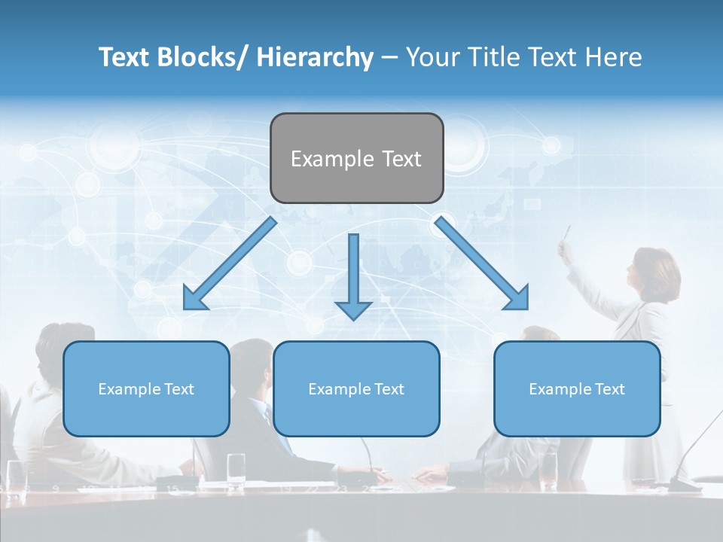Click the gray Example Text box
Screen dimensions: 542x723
pyautogui.click(x=356, y=158)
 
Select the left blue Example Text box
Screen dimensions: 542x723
pyautogui.click(x=146, y=388)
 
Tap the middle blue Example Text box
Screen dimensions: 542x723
pyautogui.click(x=356, y=388)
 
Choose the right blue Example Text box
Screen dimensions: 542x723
pyautogui.click(x=577, y=388)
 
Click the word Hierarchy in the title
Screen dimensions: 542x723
pyautogui.click(x=315, y=57)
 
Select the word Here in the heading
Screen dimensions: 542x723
pyautogui.click(x=614, y=57)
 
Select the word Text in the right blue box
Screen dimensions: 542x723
pyautogui.click(x=609, y=388)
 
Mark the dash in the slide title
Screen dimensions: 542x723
pyautogui.click(x=389, y=58)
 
